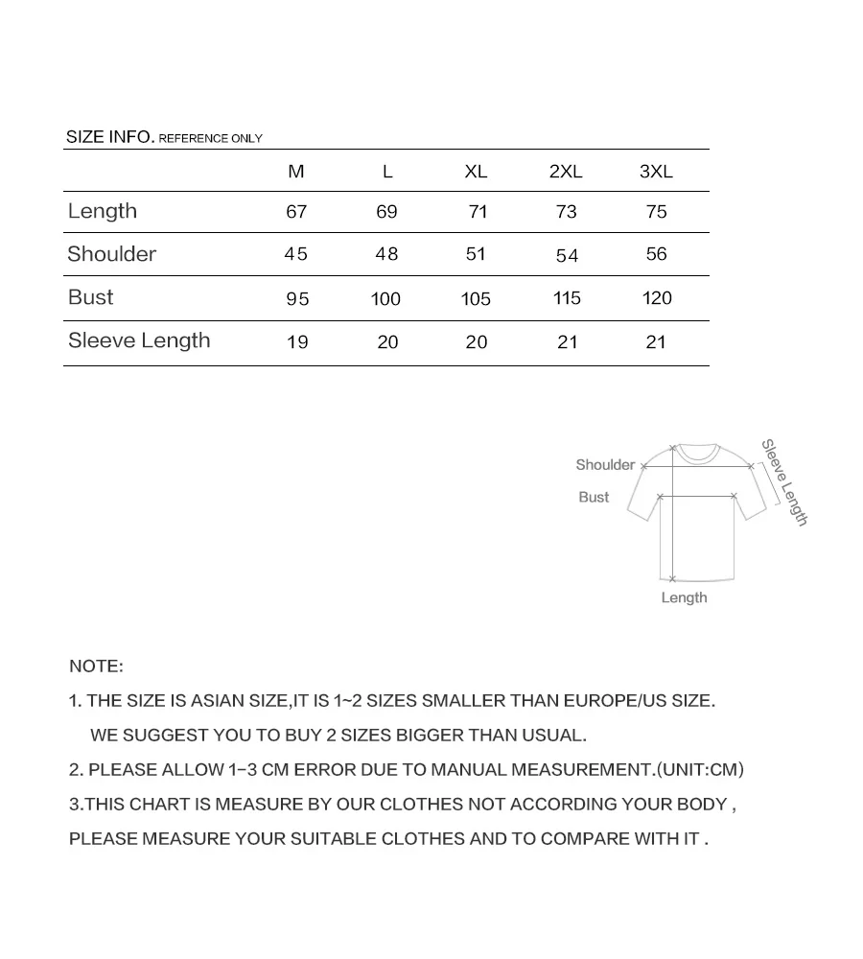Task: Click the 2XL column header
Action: point(566,172)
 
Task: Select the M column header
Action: point(296,172)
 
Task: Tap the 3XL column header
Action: point(656,172)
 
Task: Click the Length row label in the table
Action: point(103,211)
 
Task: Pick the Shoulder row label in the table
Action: point(111,254)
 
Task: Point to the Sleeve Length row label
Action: point(139,340)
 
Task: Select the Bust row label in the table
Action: point(91,297)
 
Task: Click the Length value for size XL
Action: point(478,212)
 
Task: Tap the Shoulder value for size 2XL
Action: point(567,255)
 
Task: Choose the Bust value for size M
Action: point(297,299)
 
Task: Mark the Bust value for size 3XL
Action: point(657,298)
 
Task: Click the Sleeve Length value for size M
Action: point(297,342)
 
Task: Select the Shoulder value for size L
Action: point(386,254)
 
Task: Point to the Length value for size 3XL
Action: point(657,212)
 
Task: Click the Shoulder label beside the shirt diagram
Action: point(605,465)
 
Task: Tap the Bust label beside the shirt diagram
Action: point(594,497)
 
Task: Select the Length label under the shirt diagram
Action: point(684,597)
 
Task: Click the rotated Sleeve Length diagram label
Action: point(785,482)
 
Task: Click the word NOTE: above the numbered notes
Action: point(96,666)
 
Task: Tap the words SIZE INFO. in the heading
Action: point(109,137)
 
